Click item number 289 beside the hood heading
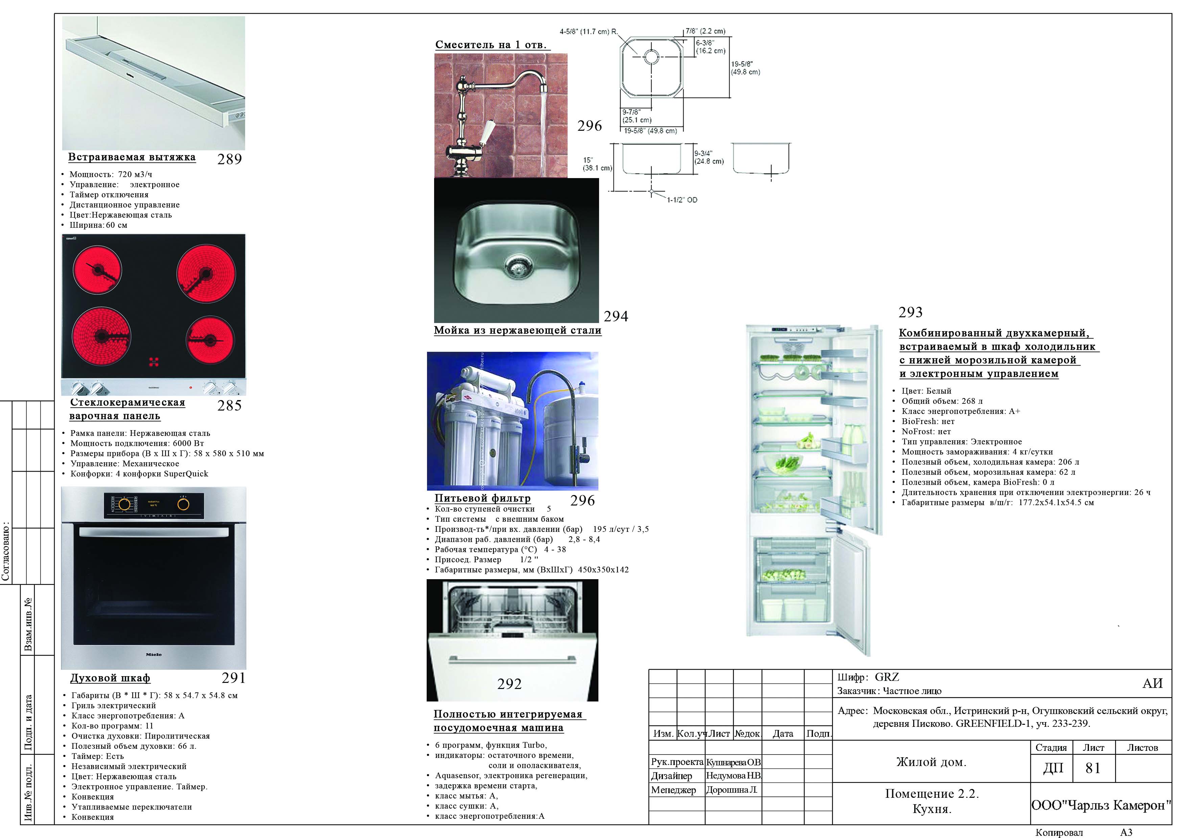[229, 159]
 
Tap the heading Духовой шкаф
[110, 678]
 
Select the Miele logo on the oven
[153, 654]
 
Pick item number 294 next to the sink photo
[616, 316]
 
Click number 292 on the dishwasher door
[509, 684]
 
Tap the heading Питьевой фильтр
[482, 498]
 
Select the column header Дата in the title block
[783, 734]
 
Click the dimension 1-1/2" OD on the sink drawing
[682, 200]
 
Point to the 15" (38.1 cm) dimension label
[597, 164]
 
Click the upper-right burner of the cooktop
[206, 274]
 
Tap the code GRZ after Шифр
[886, 677]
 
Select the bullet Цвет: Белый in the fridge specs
[926, 391]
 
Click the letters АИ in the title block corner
[1153, 684]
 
